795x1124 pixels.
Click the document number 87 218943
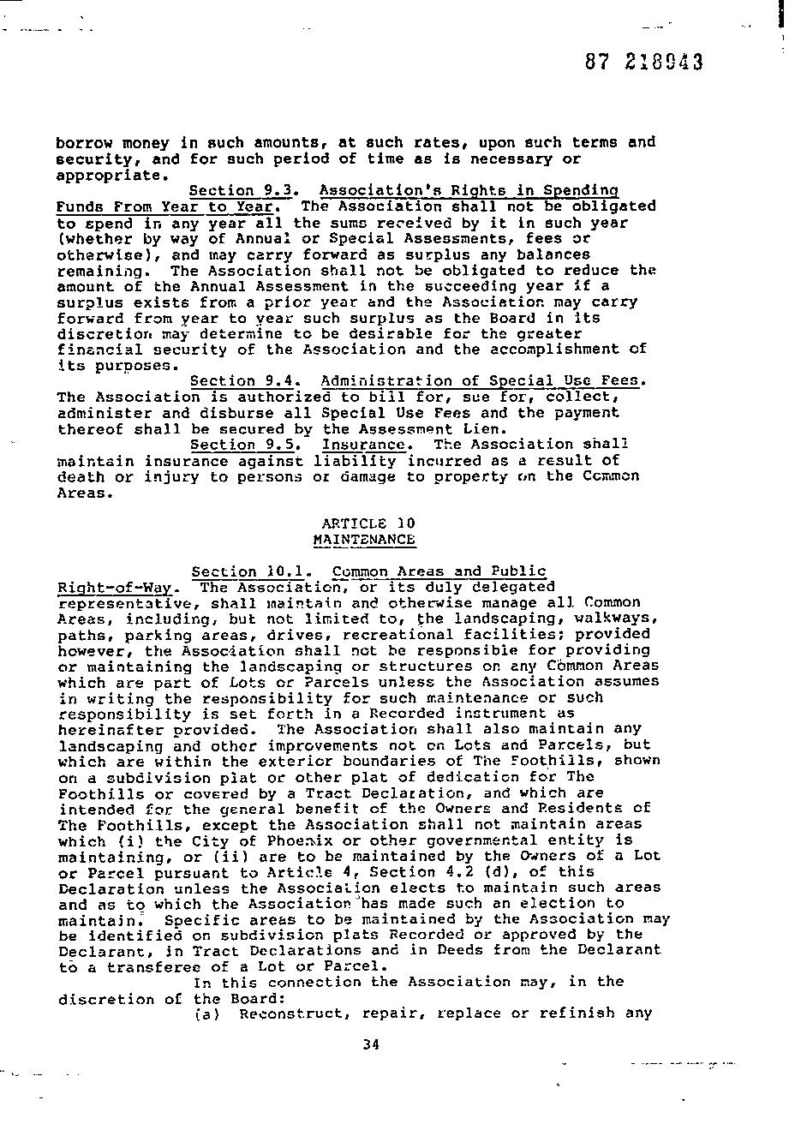click(x=644, y=62)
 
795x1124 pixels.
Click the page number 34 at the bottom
click(x=370, y=1043)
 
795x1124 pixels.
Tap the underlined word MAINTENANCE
click(x=364, y=539)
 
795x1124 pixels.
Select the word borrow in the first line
click(x=85, y=142)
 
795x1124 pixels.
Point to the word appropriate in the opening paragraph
click(x=109, y=175)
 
